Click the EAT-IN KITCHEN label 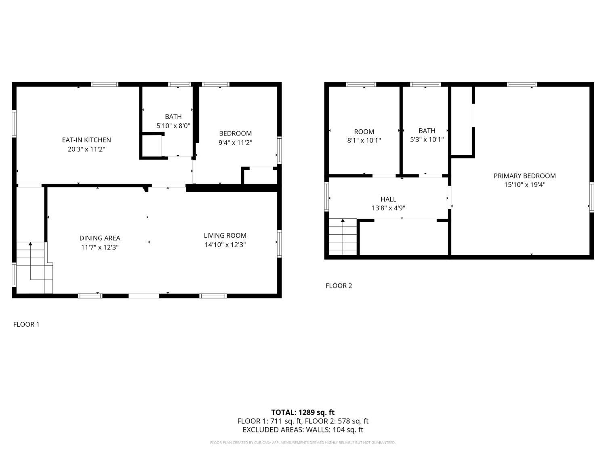(86, 140)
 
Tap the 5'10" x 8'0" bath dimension (173, 126)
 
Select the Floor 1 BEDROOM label (236, 133)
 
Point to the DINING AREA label (100, 238)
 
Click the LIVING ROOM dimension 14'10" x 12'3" (225, 245)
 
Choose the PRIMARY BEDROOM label (524, 176)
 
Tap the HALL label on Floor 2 (389, 199)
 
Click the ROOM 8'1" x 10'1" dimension (364, 140)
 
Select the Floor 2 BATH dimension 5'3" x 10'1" (427, 140)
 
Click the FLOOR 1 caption (26, 324)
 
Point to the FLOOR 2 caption (339, 286)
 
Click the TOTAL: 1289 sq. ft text (303, 413)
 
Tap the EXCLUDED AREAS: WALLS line (303, 430)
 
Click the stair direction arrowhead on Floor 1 (30, 243)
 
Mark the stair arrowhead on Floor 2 (343, 220)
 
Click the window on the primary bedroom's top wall (522, 85)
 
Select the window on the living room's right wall (280, 243)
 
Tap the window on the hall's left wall (326, 197)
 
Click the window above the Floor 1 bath (179, 85)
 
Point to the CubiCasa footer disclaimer (303, 442)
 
